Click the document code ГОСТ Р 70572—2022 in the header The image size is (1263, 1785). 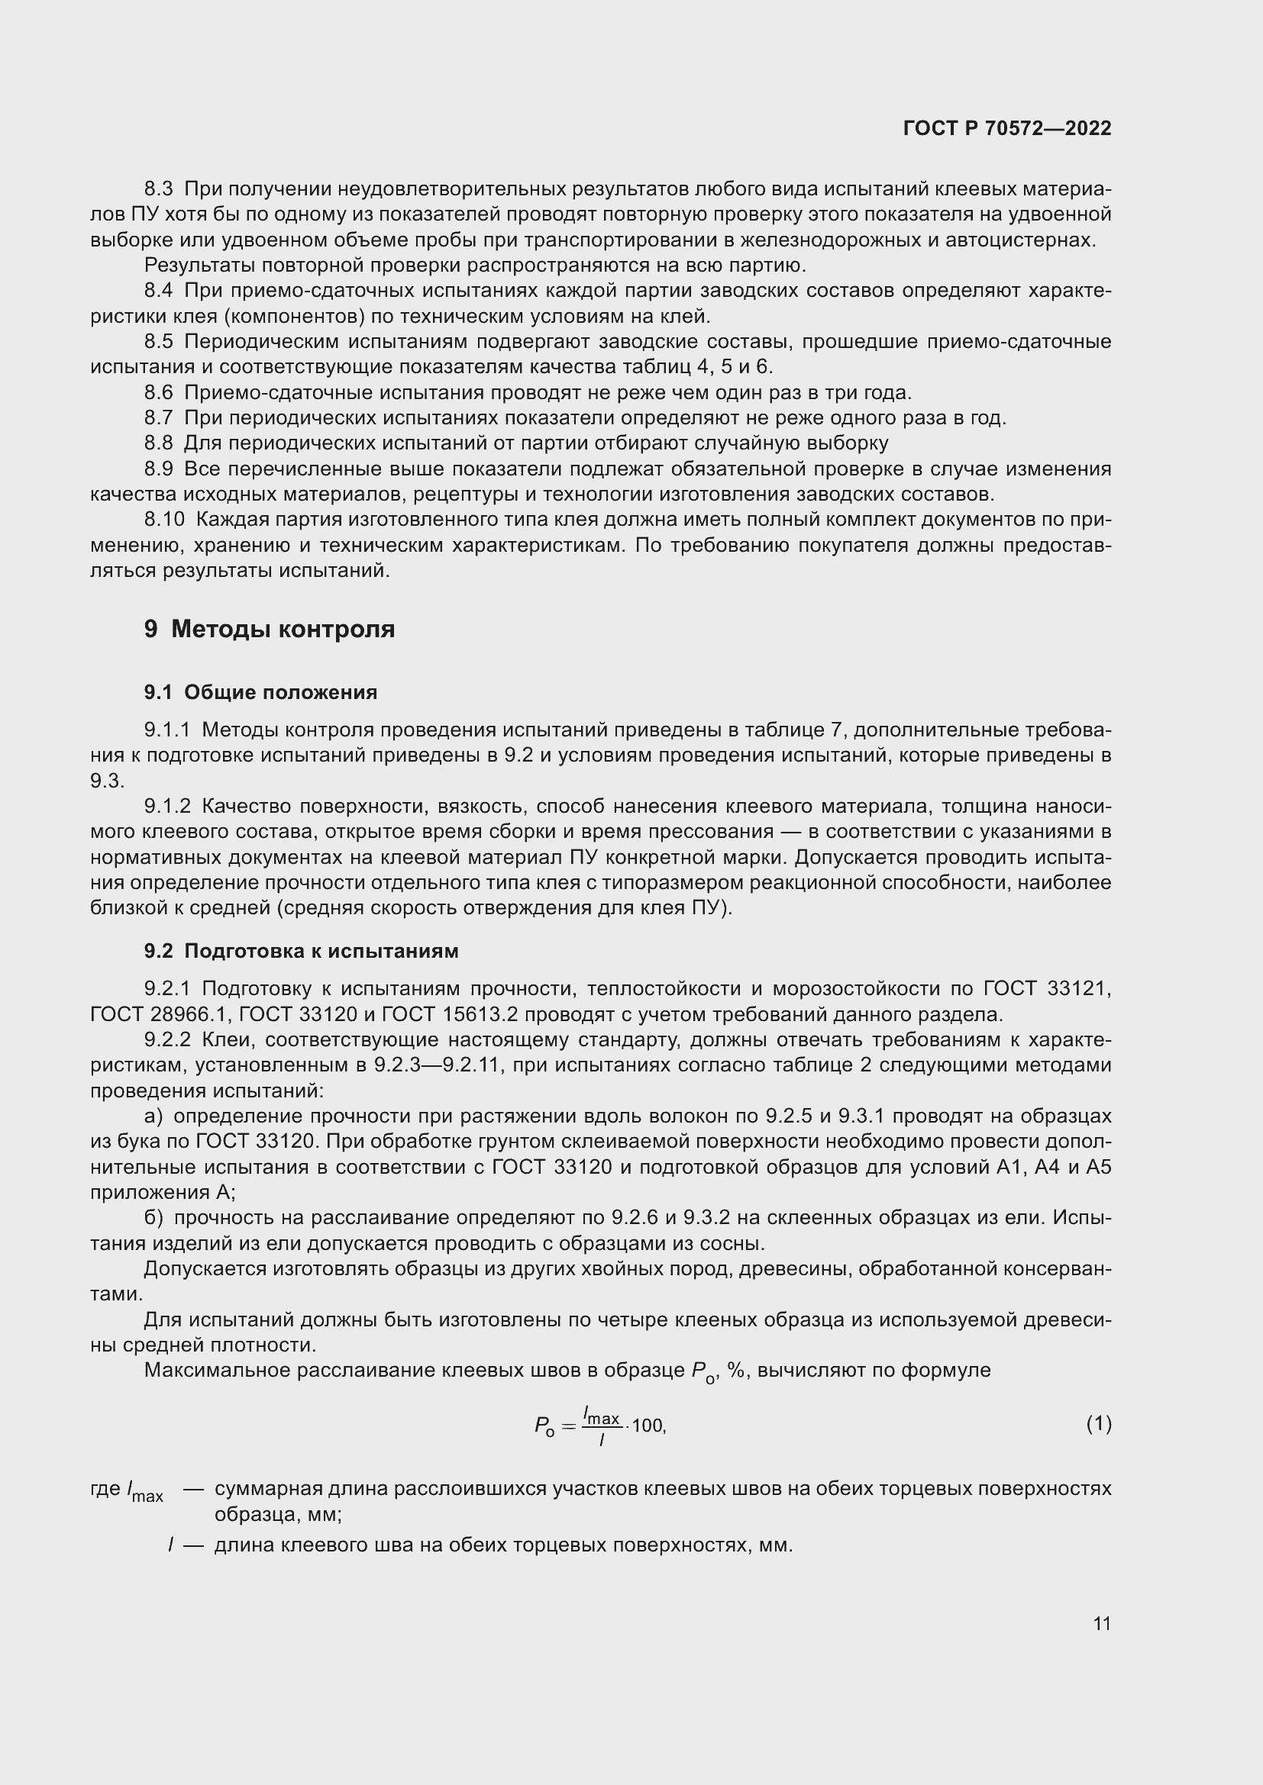(1007, 128)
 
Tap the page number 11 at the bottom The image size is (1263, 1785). (1101, 1623)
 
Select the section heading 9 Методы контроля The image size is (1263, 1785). (269, 629)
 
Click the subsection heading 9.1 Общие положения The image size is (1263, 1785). (260, 692)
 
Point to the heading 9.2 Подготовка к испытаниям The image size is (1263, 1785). (301, 951)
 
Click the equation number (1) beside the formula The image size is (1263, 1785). (1098, 1423)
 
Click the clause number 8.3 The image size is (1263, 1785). (158, 189)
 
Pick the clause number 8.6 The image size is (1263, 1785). (158, 392)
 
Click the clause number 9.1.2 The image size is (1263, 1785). (167, 806)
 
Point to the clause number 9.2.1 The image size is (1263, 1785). (167, 988)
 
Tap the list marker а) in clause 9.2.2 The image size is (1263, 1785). (153, 1116)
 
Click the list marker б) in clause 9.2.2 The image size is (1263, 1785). (153, 1217)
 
